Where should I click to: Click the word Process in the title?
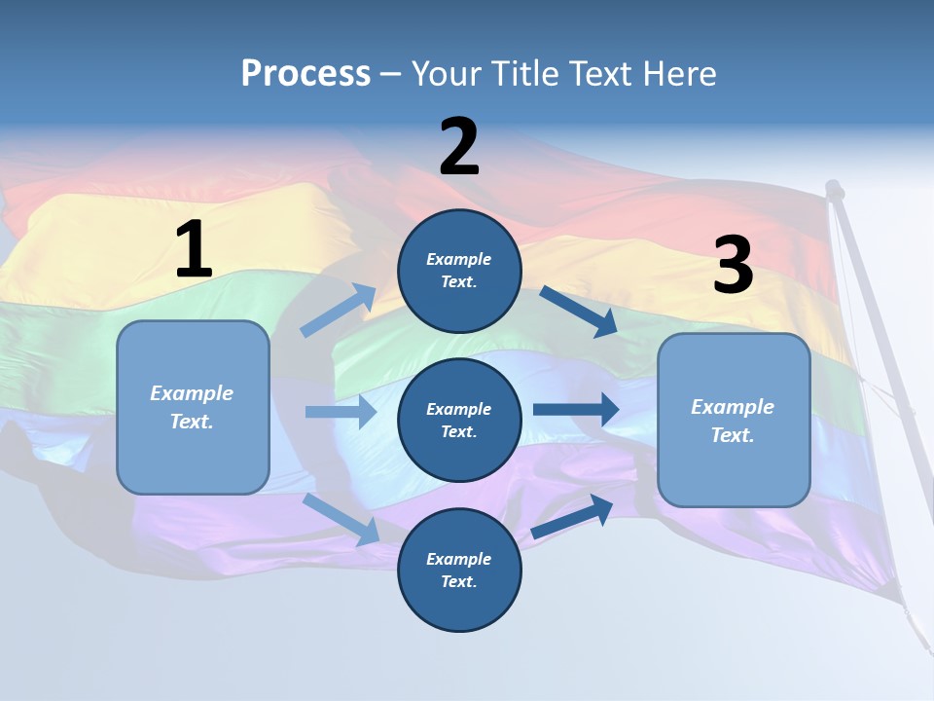(305, 73)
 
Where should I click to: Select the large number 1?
(194, 250)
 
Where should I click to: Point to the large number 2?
(459, 147)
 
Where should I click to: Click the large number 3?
(733, 265)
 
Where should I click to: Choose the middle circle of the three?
(459, 420)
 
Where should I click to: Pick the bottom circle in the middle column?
(459, 570)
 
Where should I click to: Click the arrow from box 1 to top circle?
(339, 311)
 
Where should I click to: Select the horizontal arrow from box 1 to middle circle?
(341, 412)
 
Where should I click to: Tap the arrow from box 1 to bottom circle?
(341, 519)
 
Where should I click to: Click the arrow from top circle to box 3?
(578, 311)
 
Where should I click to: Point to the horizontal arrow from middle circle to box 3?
(576, 409)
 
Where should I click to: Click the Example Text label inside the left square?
(193, 407)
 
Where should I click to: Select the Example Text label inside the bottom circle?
(459, 570)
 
